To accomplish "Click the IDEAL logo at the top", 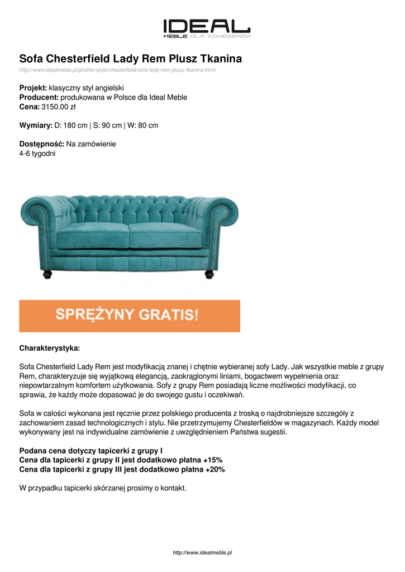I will point(206,27).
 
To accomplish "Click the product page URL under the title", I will point(117,70).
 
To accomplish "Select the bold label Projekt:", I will point(33,88).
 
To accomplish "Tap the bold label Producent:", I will point(39,97).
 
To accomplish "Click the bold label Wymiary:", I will point(36,125).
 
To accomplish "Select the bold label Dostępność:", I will point(42,144).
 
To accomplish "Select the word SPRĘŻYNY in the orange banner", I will point(94,315).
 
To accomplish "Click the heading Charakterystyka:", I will point(50,348).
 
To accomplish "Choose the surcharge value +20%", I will point(215,469).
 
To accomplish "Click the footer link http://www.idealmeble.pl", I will point(202,552).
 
